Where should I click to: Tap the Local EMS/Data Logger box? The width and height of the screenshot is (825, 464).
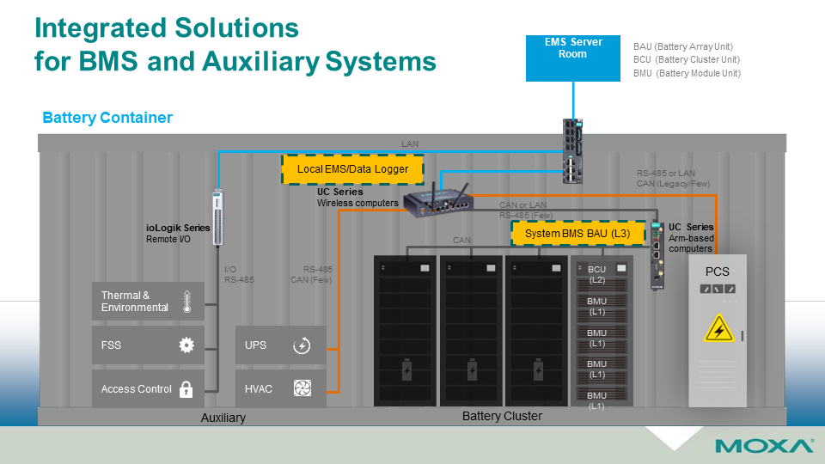[352, 169]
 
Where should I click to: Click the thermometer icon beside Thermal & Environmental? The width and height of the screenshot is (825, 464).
[186, 302]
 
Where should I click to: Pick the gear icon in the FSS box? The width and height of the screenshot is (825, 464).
[186, 345]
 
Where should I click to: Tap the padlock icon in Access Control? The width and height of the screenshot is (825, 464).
[186, 389]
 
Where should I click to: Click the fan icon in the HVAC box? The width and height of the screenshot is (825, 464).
[302, 389]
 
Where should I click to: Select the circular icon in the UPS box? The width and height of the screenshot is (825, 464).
[302, 345]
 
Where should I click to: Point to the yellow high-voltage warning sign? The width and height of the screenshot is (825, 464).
[718, 328]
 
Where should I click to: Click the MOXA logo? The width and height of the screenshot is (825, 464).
[764, 446]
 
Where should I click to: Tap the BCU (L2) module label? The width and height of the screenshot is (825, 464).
[596, 275]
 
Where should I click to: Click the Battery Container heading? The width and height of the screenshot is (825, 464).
[107, 118]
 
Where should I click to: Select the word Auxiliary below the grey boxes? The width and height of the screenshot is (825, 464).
[223, 418]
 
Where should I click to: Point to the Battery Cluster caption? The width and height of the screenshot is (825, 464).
[502, 417]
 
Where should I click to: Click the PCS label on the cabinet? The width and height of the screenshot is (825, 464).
[718, 272]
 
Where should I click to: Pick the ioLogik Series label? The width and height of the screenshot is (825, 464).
[178, 229]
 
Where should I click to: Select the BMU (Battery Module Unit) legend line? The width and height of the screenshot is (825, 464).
[686, 74]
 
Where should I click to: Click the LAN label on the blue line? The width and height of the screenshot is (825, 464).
[410, 143]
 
